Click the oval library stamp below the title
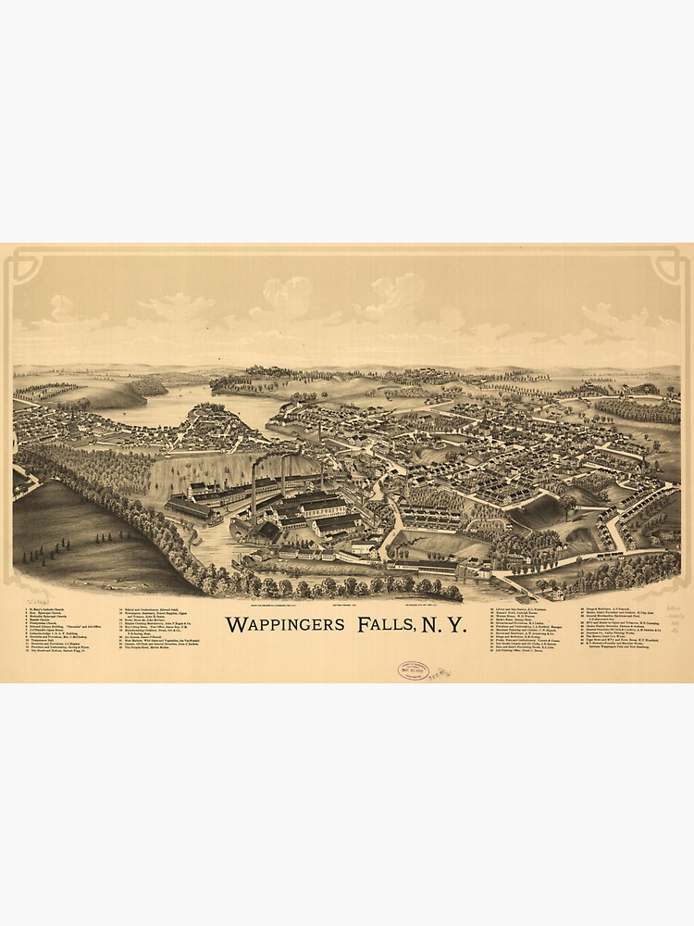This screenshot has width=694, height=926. (413, 670)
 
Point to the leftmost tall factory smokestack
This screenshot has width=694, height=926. (254, 491)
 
